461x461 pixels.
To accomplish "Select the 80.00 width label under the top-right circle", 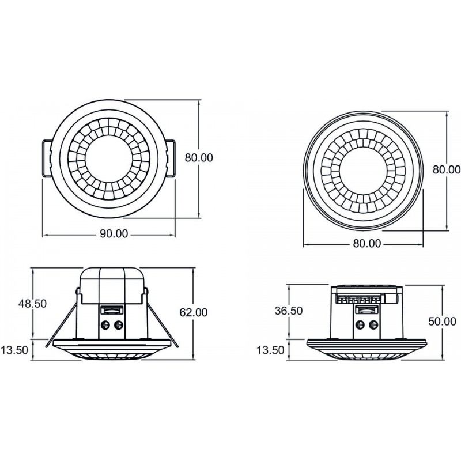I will point(366,243).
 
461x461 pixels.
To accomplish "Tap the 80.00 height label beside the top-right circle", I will point(447,169).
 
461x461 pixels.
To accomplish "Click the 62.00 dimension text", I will point(194,312).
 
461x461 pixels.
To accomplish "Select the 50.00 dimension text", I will point(442,322).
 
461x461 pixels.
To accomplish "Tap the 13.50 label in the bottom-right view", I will point(270,350).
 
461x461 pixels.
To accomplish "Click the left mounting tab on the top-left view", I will point(46,157).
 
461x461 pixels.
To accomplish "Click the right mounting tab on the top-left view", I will point(172,157).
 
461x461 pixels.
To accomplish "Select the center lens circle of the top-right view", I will point(364,171).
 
